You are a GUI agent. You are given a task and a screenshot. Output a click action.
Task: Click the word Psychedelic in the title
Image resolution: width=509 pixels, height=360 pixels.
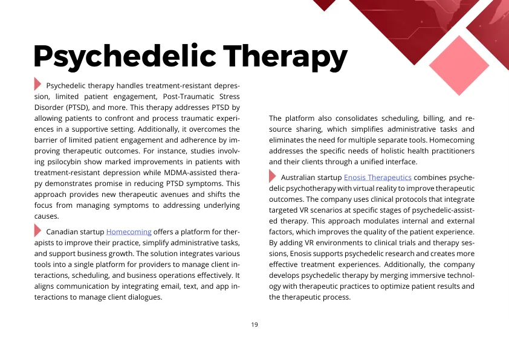point(124,56)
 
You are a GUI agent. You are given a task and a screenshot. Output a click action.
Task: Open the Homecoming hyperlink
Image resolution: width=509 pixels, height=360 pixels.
point(129,231)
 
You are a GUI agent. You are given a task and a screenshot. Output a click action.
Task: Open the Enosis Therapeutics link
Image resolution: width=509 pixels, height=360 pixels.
point(378,178)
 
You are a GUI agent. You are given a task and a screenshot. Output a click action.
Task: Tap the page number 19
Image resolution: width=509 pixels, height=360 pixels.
point(254,324)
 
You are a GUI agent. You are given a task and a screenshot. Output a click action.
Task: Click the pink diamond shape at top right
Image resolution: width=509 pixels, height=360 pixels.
point(462,62)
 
